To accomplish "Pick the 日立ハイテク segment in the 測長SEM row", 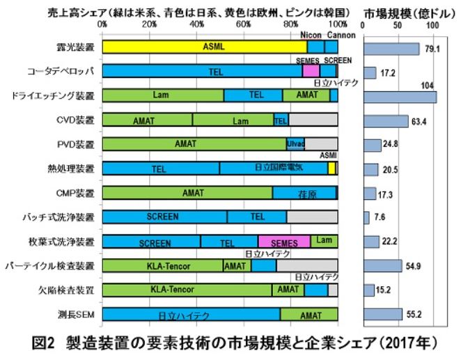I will (191, 315).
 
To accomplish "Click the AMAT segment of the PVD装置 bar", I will (185, 144).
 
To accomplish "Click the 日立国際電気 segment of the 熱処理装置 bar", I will (274, 169).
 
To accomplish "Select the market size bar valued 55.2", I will (384, 314).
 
